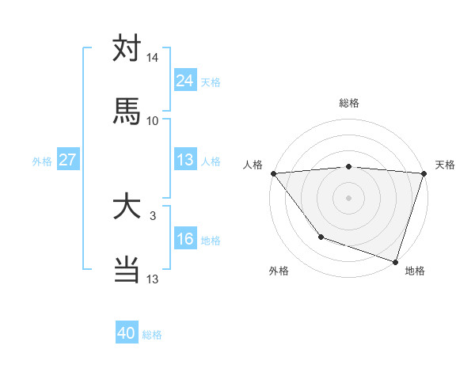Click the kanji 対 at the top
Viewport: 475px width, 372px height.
point(127,49)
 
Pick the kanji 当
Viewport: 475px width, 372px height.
point(127,269)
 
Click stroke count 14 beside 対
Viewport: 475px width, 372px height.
point(153,58)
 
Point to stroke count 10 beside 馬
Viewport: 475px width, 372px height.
point(153,120)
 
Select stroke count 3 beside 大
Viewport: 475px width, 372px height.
point(153,215)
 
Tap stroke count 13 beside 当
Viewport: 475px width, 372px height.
point(153,279)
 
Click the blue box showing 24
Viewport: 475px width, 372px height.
point(185,81)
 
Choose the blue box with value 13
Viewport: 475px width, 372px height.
point(185,160)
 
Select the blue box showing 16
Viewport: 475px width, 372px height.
point(185,239)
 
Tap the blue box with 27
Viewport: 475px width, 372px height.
point(68,160)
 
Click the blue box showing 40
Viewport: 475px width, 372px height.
point(127,333)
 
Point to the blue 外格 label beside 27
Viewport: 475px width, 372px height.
point(42,161)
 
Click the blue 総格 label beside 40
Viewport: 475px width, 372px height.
point(152,335)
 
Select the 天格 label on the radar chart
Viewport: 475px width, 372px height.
point(445,165)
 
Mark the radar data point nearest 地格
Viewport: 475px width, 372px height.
point(395,261)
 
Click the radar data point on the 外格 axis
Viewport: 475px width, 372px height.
point(321,237)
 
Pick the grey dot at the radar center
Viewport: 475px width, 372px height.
point(348,197)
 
